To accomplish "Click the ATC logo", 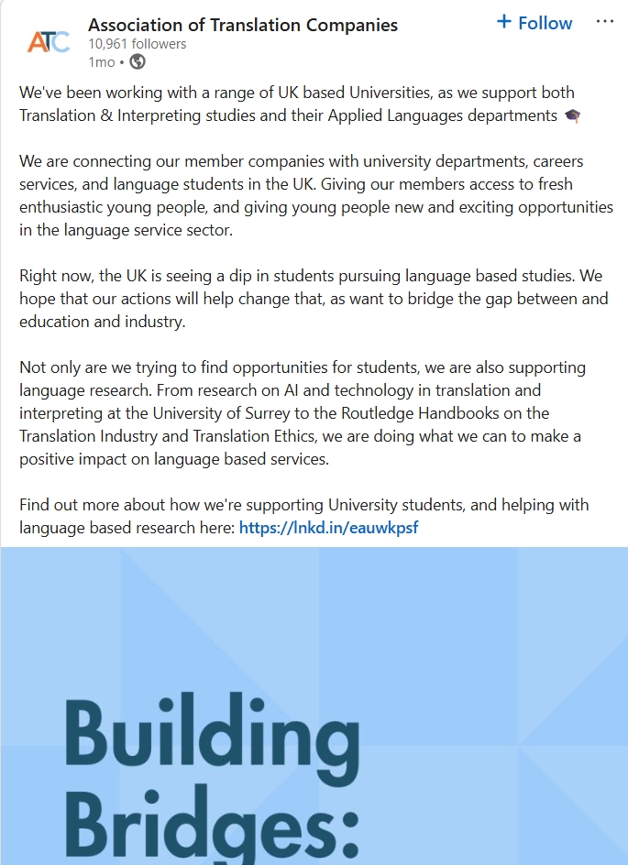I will pos(48,41).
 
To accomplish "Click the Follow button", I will pos(534,23).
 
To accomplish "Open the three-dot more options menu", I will pos(604,22).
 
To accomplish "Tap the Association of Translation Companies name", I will pos(243,24).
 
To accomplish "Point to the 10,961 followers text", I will pos(137,44).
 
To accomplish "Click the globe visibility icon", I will pos(138,62).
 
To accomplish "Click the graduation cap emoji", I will pos(572,115).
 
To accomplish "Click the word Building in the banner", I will pos(212,739).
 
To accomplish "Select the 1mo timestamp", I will pos(101,62).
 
